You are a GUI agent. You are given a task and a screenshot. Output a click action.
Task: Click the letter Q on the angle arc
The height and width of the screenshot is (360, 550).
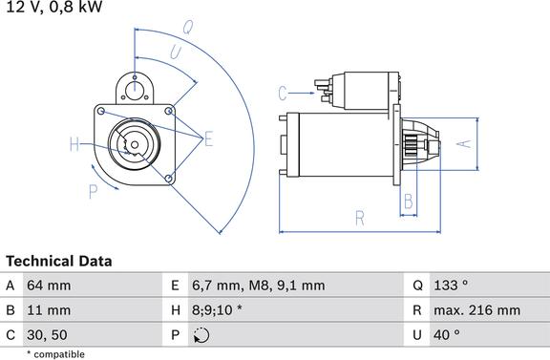pyautogui.click(x=188, y=27)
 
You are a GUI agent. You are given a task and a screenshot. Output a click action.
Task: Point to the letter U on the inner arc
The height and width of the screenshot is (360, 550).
pyautogui.click(x=176, y=53)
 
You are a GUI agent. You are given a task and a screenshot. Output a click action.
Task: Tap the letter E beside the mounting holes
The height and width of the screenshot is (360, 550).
pyautogui.click(x=209, y=138)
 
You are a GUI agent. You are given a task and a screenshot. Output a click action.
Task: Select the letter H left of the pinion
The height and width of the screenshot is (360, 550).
pyautogui.click(x=74, y=144)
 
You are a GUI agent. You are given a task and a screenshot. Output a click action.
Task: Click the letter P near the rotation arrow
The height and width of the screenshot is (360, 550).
pyautogui.click(x=93, y=192)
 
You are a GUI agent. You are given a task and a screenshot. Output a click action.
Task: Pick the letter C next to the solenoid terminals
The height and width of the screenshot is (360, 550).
pyautogui.click(x=283, y=94)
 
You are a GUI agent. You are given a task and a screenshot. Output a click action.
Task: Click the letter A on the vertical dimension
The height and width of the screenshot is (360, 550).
pyautogui.click(x=464, y=143)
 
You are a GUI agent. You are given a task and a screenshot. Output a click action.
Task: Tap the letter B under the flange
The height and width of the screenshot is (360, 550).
pyautogui.click(x=409, y=201)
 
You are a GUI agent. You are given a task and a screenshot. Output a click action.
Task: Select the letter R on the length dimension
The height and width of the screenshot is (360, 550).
pyautogui.click(x=360, y=218)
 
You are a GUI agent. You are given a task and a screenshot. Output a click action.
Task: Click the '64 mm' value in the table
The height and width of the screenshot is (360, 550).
pyautogui.click(x=49, y=286)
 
